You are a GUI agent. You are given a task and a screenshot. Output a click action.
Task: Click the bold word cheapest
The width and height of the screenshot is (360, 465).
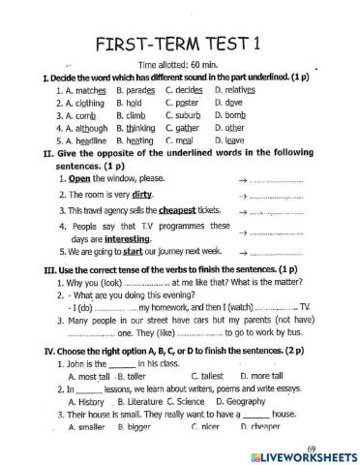[174, 208]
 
